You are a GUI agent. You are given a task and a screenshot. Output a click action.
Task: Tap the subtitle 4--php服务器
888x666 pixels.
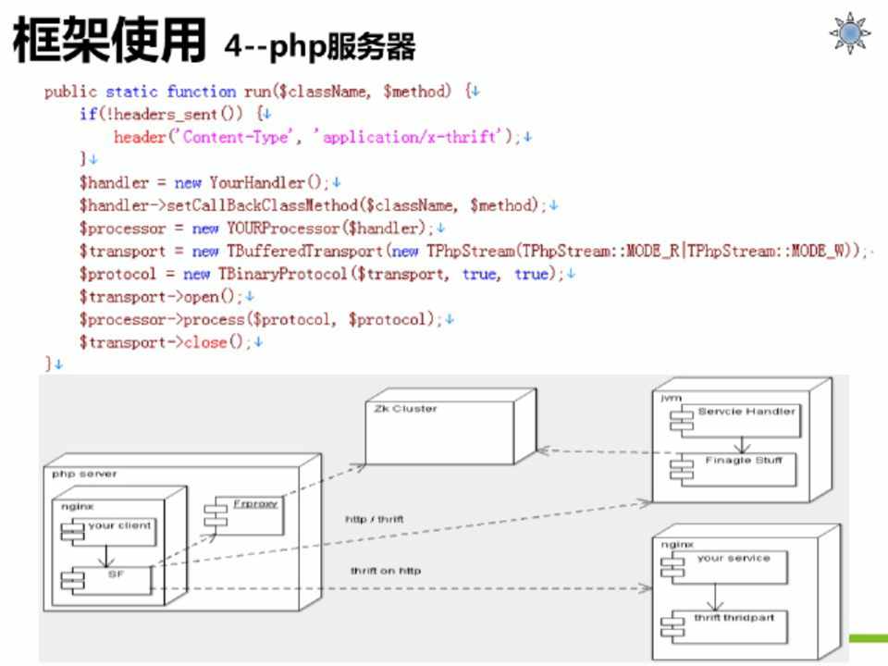[319, 43]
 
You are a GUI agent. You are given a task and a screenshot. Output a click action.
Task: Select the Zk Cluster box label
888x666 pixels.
[406, 408]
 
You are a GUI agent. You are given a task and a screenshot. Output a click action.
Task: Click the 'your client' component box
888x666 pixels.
[109, 530]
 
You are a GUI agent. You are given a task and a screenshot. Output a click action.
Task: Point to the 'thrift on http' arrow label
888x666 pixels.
[385, 571]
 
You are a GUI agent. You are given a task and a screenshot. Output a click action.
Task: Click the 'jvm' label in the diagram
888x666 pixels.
[671, 397]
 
